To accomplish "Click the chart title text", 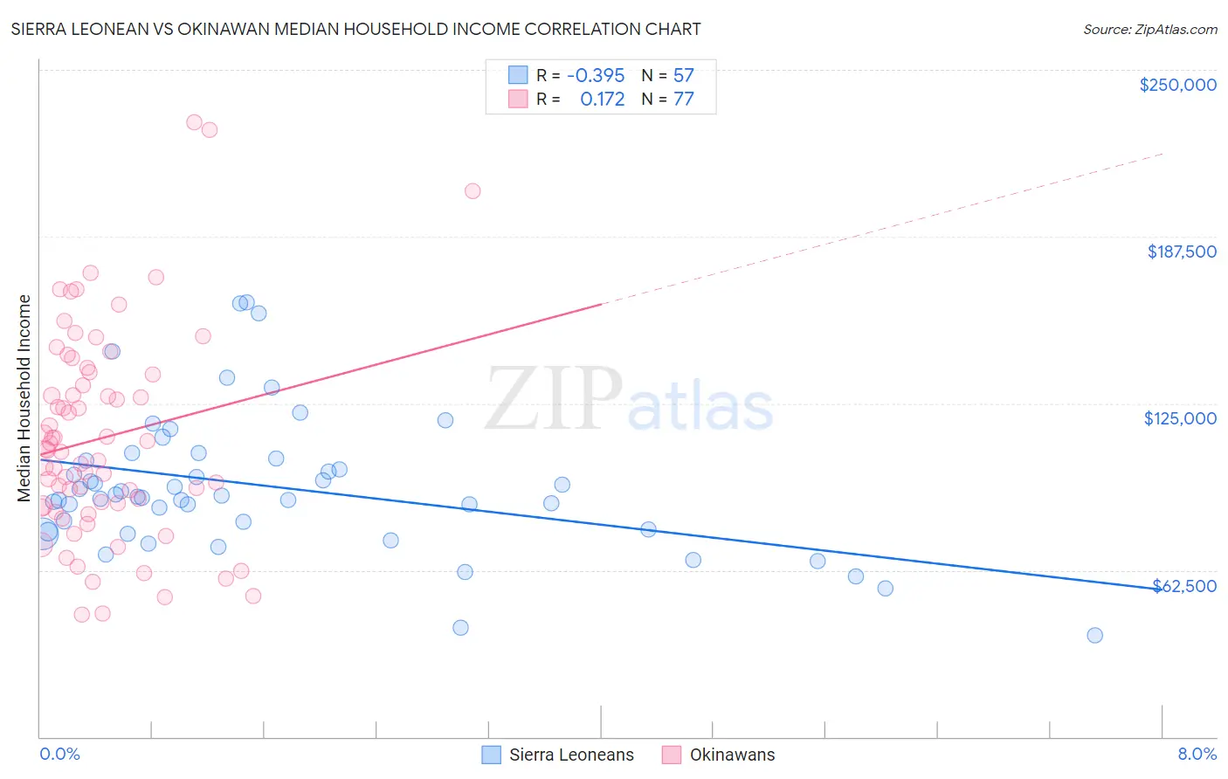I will click(x=355, y=29).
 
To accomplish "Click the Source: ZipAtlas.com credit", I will click(x=1149, y=29).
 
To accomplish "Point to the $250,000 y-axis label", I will click(x=1177, y=85).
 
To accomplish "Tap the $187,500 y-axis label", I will click(x=1181, y=252).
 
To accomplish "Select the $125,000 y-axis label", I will click(x=1180, y=418).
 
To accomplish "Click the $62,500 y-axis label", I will click(x=1184, y=586).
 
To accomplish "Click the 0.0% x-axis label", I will click(x=59, y=754).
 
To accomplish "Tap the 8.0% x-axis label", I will click(x=1197, y=754).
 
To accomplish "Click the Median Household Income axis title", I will click(x=24, y=398).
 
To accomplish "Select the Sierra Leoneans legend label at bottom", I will click(x=571, y=755).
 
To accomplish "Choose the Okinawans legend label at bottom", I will click(x=732, y=755).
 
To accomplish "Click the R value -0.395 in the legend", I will click(x=596, y=75).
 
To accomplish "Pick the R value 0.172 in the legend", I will click(x=603, y=99).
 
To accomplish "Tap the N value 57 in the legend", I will click(x=683, y=75).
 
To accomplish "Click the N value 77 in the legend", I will click(x=683, y=99).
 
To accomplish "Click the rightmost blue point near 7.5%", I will click(x=1094, y=635).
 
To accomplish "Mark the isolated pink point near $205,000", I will click(x=473, y=191).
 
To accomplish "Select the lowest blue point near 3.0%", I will click(x=460, y=628).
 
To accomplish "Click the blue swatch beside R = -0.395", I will click(x=518, y=75).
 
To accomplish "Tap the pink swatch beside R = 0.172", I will click(x=518, y=99).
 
